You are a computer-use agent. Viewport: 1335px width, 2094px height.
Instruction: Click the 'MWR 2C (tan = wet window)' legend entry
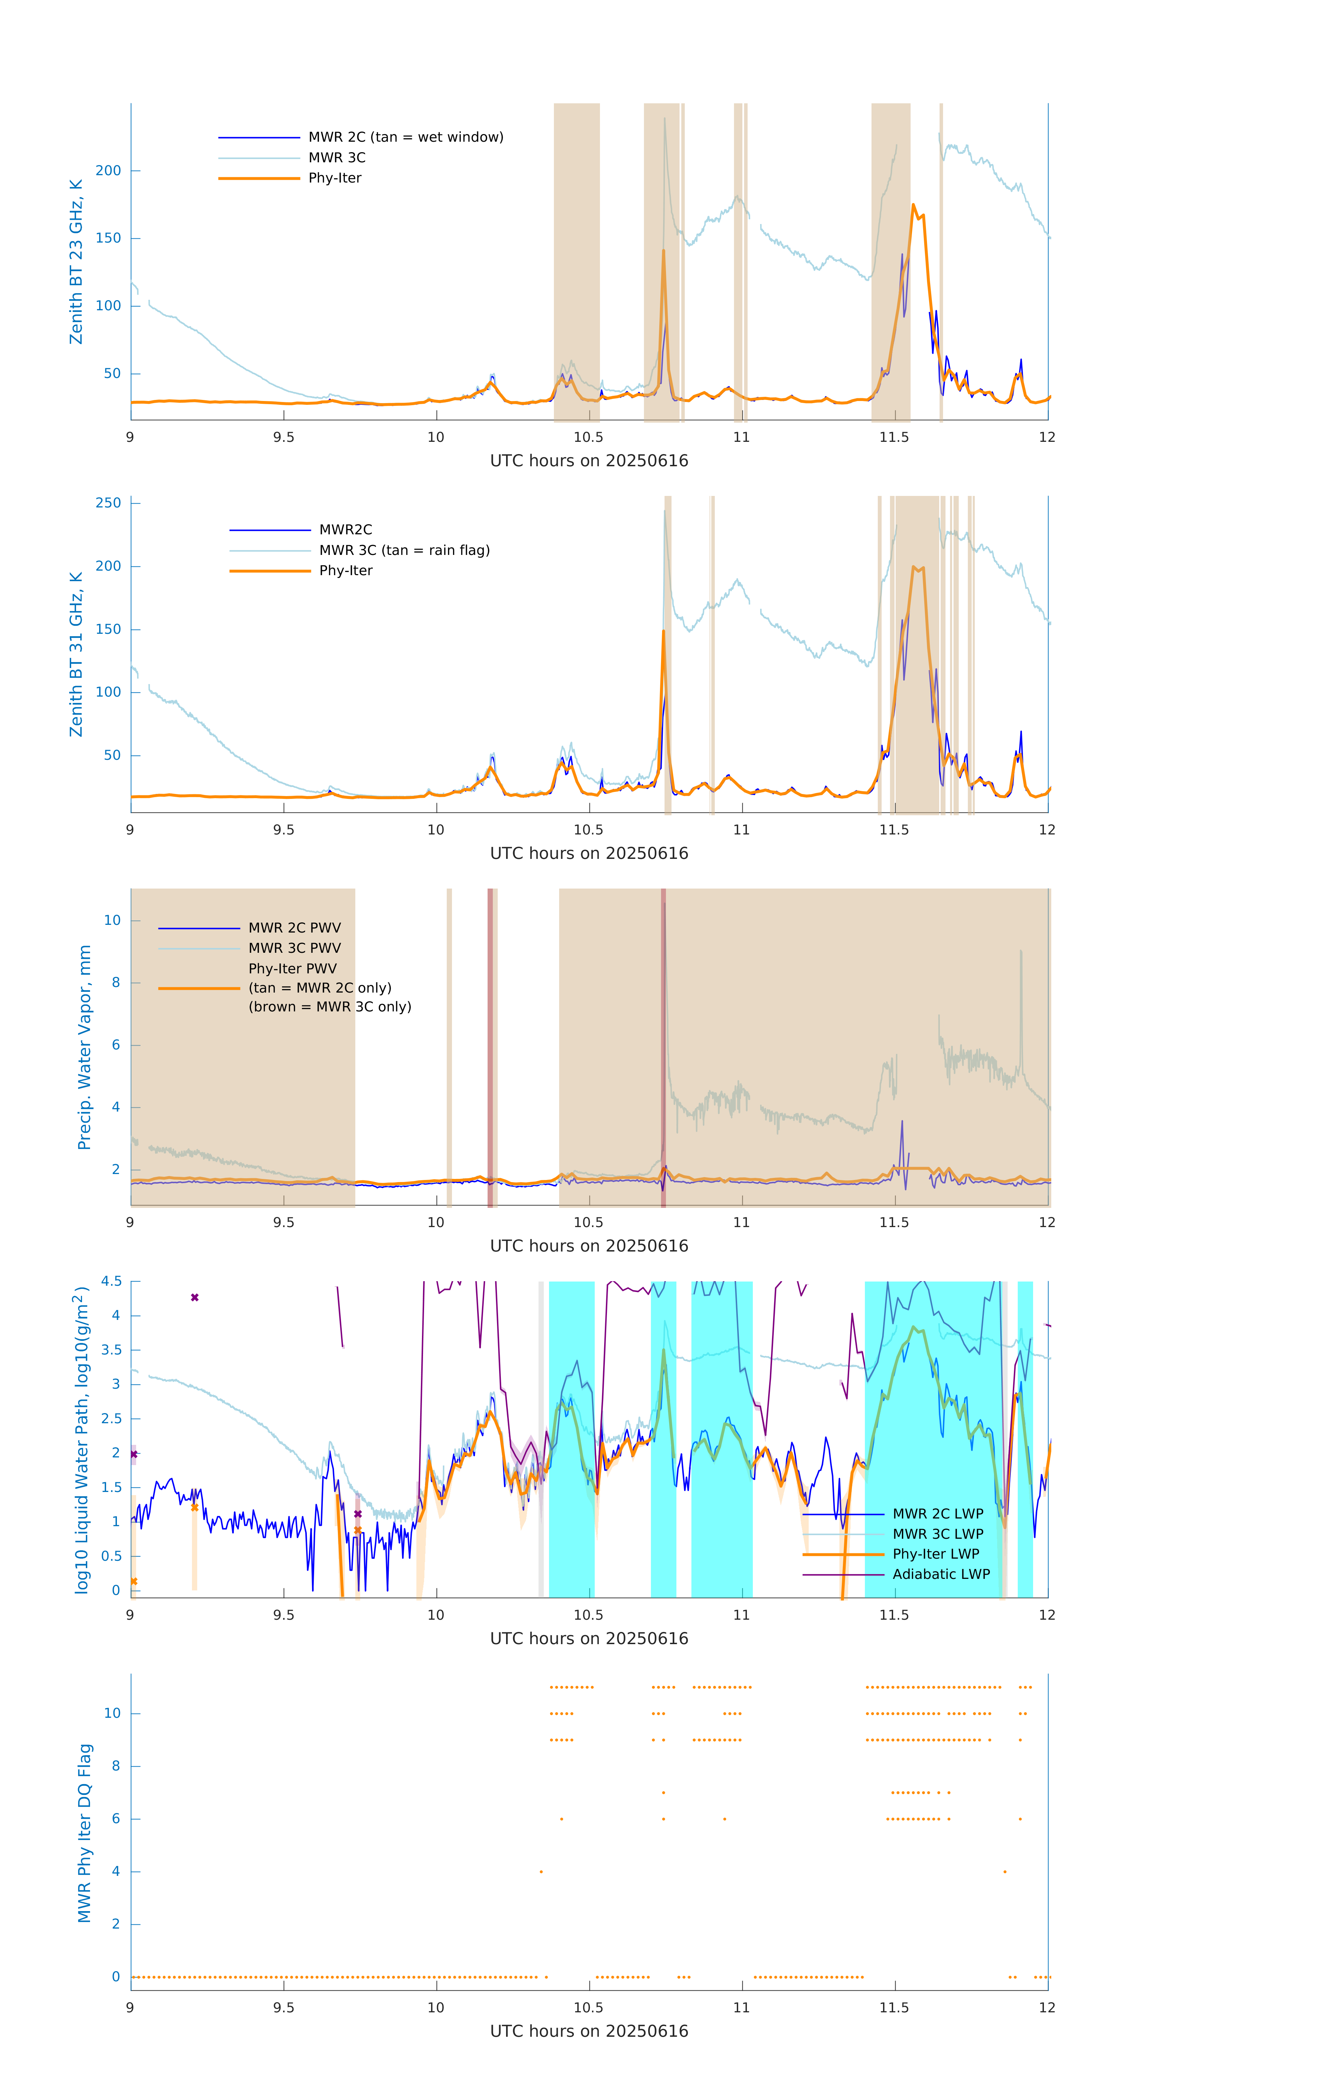(405, 138)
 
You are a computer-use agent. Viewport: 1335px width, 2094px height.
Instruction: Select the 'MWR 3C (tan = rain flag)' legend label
(405, 550)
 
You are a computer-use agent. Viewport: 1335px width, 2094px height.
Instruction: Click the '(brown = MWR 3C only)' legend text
(329, 1007)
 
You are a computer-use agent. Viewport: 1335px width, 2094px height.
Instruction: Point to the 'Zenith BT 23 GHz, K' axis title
(76, 262)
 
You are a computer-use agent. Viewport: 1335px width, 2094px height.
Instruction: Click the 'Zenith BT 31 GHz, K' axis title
(76, 654)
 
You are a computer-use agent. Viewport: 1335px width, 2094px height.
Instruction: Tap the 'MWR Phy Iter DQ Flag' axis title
(84, 1833)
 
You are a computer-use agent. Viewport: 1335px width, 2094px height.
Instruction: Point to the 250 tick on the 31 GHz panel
(109, 503)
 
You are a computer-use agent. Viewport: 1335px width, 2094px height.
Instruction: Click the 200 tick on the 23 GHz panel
(109, 170)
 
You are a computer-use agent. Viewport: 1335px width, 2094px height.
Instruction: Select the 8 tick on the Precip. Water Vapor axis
(116, 983)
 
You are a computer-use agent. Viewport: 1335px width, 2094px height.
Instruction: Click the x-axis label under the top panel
(589, 461)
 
